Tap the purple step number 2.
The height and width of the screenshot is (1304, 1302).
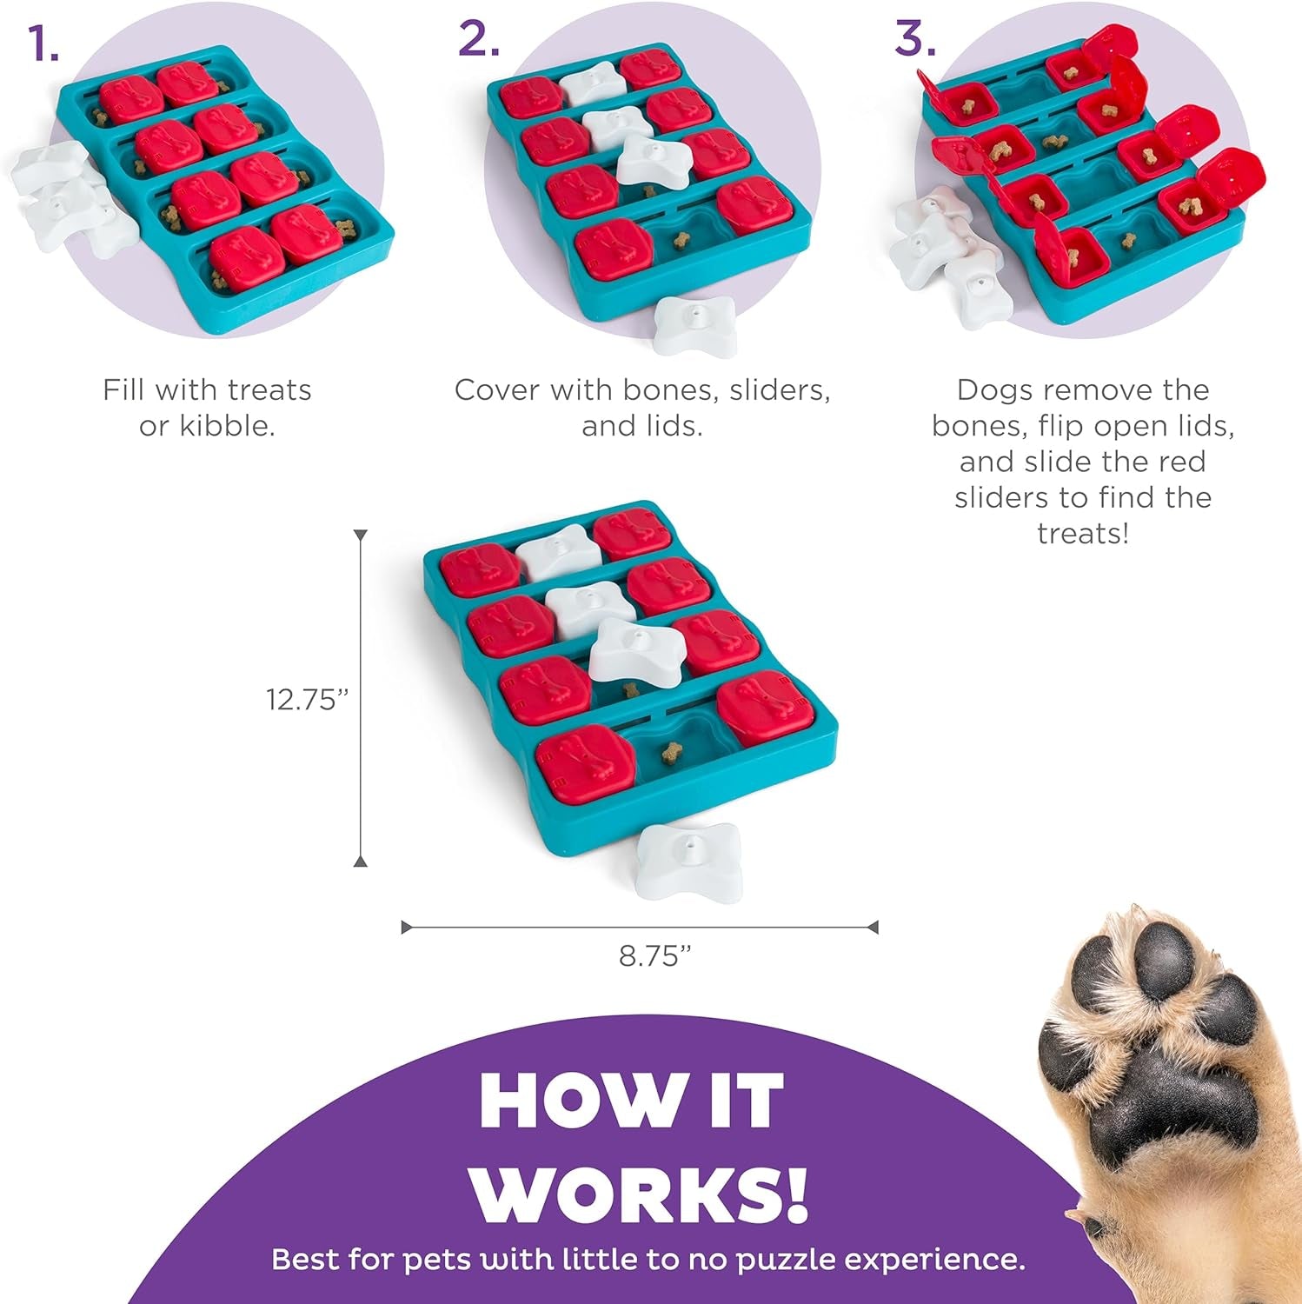pyautogui.click(x=479, y=39)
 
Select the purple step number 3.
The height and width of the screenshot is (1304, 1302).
pyautogui.click(x=914, y=39)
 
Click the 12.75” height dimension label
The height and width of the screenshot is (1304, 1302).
pyautogui.click(x=307, y=699)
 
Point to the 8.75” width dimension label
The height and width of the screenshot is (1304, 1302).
pyautogui.click(x=654, y=955)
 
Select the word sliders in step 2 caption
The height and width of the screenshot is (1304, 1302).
pyautogui.click(x=779, y=390)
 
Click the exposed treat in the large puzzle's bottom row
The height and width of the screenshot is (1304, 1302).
pyautogui.click(x=670, y=753)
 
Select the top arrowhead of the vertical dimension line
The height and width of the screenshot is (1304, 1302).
pyautogui.click(x=361, y=536)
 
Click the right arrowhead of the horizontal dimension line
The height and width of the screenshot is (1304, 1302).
pyautogui.click(x=873, y=928)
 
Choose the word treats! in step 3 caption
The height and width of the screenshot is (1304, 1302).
pyautogui.click(x=1082, y=533)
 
